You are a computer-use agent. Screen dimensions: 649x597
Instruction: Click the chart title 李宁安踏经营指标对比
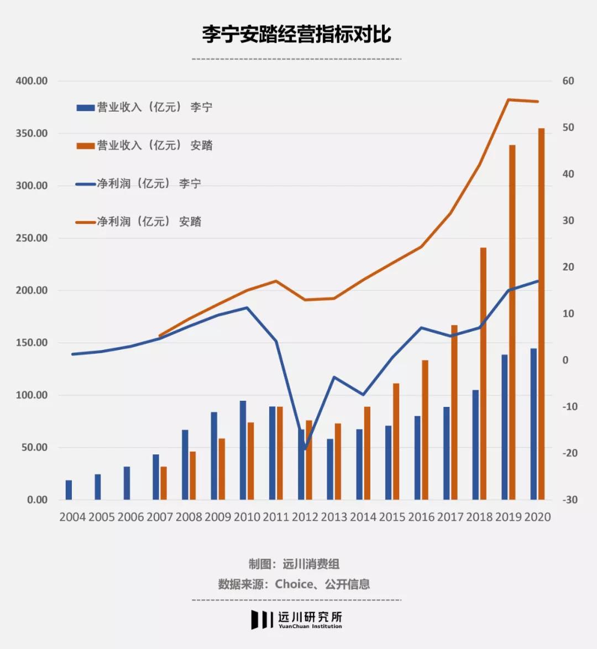pos(296,34)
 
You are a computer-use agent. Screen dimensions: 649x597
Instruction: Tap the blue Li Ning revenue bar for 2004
pos(69,490)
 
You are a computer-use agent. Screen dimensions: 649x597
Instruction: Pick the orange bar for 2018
pos(483,374)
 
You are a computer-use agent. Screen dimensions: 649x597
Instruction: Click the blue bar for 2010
pos(243,450)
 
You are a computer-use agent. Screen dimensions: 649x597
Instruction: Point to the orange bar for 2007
pos(164,483)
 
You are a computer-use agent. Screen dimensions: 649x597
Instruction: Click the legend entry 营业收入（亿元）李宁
pos(144,107)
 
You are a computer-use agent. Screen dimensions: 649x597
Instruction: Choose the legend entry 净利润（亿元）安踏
pos(138,222)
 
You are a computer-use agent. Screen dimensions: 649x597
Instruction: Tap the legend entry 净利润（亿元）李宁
pos(138,184)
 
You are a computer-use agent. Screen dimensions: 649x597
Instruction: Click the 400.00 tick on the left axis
pos(32,81)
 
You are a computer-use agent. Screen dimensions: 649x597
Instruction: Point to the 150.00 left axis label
pos(32,343)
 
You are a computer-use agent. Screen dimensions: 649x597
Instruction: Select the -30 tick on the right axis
pos(569,500)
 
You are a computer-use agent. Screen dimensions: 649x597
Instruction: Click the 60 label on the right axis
pos(568,81)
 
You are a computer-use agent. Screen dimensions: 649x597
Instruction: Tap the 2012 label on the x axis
pos(305,517)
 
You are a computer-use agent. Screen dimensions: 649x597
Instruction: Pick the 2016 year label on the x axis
pos(421,517)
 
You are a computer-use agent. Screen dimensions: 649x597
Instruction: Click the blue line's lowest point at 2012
pos(305,449)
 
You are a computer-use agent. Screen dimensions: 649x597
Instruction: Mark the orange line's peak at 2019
pos(509,100)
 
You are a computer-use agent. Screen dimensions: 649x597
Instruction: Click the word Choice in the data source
pos(294,584)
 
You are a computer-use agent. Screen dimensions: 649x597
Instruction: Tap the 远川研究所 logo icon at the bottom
pos(262,619)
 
